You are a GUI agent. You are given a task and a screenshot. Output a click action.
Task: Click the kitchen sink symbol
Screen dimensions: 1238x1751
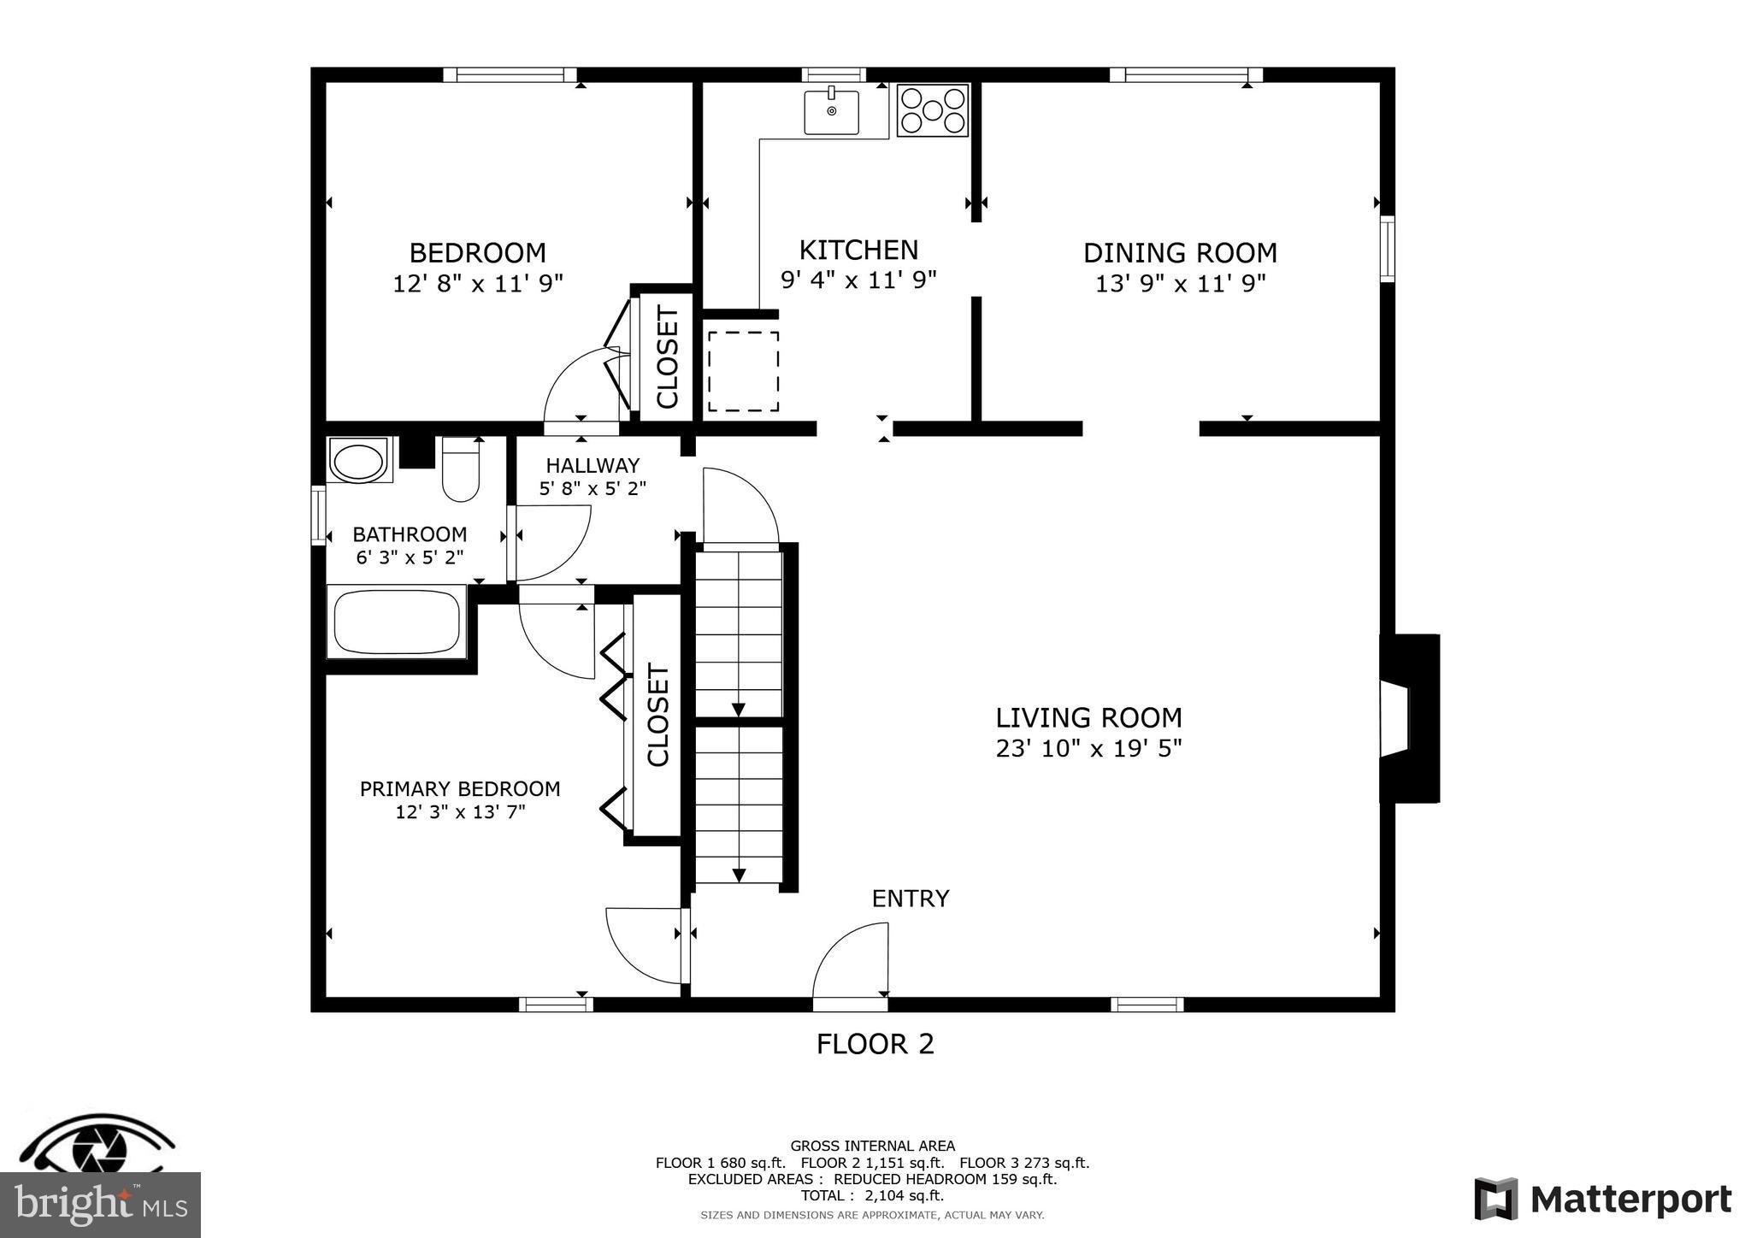[x=831, y=111]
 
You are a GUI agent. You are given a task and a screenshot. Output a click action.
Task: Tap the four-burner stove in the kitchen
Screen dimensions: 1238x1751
[x=932, y=110]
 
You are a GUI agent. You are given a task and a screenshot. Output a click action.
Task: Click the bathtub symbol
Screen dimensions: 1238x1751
[x=397, y=622]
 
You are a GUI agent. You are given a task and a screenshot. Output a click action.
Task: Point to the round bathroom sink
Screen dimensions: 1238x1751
[x=359, y=463]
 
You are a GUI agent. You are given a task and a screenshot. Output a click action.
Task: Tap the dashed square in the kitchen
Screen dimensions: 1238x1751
[x=743, y=372]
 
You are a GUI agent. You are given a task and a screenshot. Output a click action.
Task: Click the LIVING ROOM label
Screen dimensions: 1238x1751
[x=1088, y=717]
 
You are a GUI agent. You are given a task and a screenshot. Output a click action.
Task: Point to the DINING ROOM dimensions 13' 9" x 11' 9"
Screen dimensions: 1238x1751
[x=1180, y=284]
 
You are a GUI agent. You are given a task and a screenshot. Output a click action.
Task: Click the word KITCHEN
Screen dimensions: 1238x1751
[x=858, y=251]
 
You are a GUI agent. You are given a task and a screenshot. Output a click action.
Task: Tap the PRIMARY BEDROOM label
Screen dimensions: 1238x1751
[x=460, y=789]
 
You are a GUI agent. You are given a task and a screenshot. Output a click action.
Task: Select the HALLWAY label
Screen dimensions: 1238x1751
[x=593, y=466]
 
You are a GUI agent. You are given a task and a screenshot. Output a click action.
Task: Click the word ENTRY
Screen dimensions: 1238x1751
[x=910, y=899]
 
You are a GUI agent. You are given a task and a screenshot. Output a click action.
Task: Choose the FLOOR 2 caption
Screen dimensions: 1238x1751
[x=875, y=1045]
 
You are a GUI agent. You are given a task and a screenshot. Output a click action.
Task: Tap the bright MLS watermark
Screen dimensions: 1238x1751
[x=100, y=1205]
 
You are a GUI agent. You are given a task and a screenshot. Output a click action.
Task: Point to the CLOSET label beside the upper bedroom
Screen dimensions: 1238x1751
[x=667, y=357]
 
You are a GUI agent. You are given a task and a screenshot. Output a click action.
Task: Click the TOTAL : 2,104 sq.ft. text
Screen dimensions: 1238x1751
[x=872, y=1195]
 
